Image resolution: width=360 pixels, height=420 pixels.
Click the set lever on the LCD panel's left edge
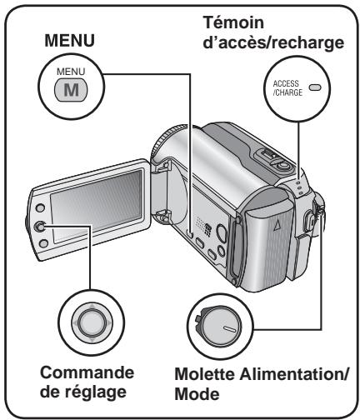(x=40, y=227)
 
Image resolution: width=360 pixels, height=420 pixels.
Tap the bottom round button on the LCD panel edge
(x=43, y=244)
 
